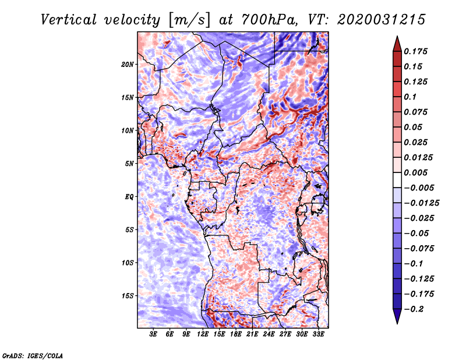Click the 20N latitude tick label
tap(128, 64)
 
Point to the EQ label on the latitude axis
tap(129, 197)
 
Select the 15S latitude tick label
tap(128, 296)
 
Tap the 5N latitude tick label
tap(129, 164)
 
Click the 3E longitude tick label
tap(154, 335)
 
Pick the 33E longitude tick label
tap(319, 335)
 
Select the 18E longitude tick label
tap(236, 335)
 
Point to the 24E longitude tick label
tap(269, 335)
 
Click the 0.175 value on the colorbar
tap(418, 51)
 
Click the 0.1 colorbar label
tap(413, 97)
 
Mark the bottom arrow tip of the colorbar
tap(397, 322)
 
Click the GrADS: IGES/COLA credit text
tap(32, 355)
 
